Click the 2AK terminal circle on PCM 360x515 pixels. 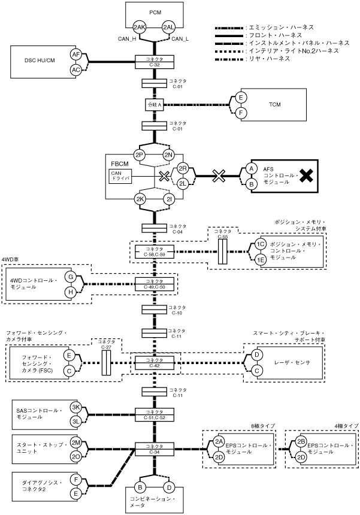pos(140,28)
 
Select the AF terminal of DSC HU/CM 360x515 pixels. pos(76,54)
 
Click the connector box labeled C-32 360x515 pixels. pos(155,60)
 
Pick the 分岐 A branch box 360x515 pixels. pos(155,104)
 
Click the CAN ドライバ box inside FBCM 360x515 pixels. pos(120,176)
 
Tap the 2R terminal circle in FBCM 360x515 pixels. pos(184,169)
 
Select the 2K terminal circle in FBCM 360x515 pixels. pos(140,200)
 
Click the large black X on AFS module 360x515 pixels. pos(306,175)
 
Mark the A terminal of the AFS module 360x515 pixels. pos(252,169)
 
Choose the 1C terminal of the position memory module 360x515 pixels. pos(260,244)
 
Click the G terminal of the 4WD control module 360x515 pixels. pos(71,277)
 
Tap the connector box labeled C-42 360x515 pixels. pos(155,362)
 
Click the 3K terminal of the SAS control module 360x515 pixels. pos(76,407)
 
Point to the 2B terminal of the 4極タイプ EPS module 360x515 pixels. pos(301,442)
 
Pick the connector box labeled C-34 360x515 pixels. pos(155,449)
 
